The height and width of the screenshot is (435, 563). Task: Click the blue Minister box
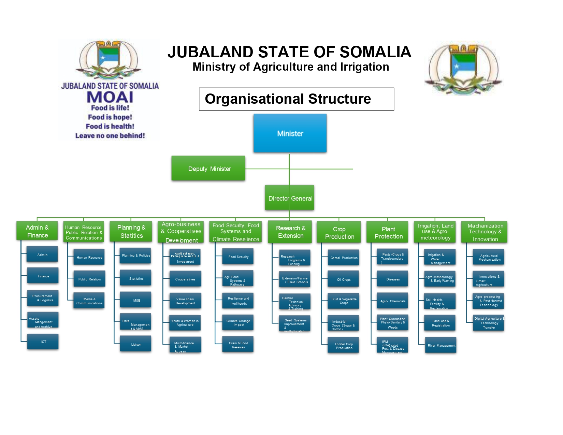click(290, 133)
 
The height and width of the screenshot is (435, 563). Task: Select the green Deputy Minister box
click(208, 168)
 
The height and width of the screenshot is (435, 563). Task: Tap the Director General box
click(289, 198)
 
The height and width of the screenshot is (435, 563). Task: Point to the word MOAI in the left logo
click(110, 97)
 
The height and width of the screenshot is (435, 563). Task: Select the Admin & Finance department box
click(37, 231)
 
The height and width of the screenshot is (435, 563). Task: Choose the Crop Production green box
click(339, 232)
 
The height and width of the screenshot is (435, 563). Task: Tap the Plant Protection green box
click(388, 232)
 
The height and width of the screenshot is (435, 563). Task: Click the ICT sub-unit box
click(43, 342)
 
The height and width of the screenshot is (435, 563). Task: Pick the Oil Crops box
click(343, 279)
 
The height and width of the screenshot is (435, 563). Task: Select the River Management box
click(441, 345)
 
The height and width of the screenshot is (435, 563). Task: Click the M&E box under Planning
click(136, 300)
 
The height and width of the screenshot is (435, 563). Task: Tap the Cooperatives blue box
click(185, 279)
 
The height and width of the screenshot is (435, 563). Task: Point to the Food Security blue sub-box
click(238, 256)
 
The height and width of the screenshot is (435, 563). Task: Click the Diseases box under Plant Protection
click(392, 279)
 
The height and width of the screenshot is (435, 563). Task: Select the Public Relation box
click(89, 279)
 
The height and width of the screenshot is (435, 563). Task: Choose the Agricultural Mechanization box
click(489, 257)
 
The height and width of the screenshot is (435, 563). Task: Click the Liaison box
click(136, 344)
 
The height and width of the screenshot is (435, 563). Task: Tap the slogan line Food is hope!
click(110, 117)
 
